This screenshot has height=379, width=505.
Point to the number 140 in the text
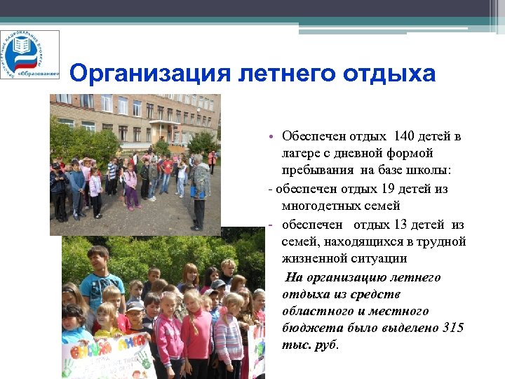point(405,135)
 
